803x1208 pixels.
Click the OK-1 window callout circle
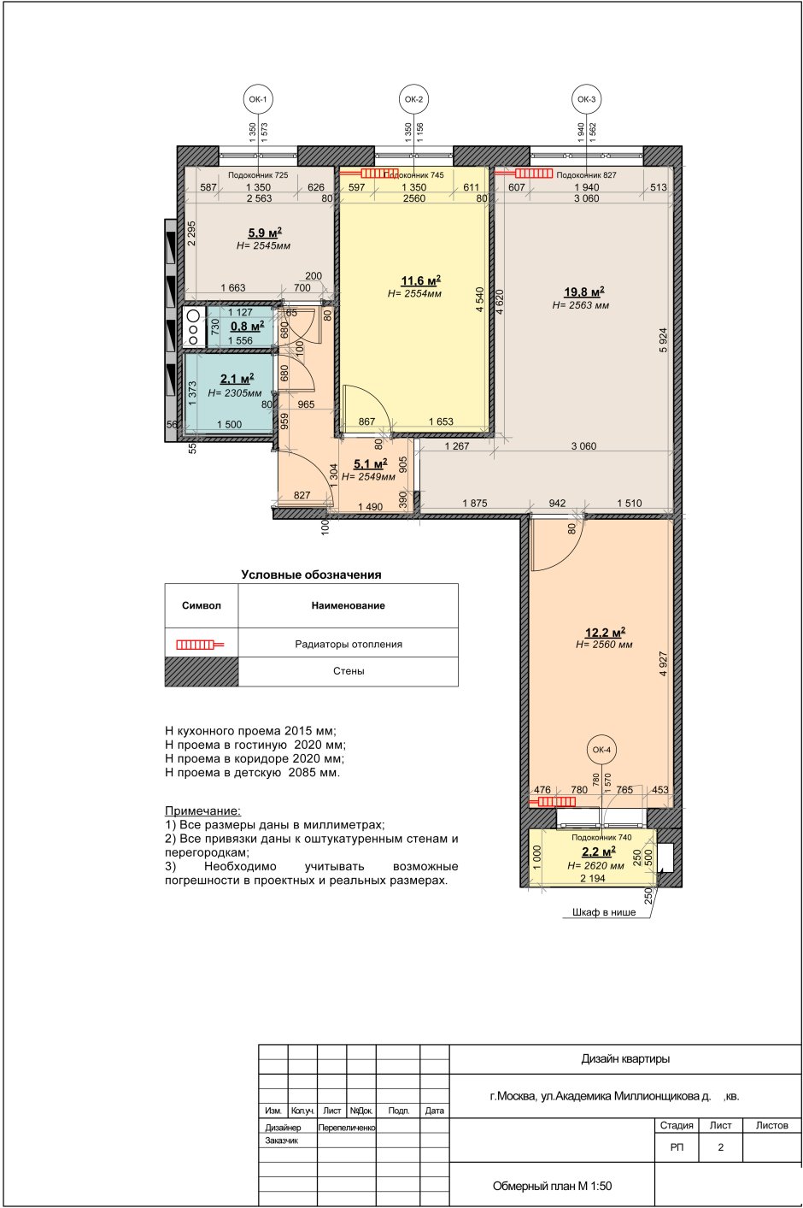point(258,99)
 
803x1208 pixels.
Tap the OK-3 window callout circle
point(586,99)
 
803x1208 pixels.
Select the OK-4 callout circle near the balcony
point(601,750)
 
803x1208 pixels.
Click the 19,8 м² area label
point(583,292)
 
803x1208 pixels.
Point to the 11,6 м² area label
point(420,280)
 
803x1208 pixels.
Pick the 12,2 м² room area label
point(605,632)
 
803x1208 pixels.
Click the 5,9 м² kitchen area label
point(265,233)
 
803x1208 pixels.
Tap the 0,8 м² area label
point(248,327)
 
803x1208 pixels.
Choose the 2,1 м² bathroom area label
point(237,379)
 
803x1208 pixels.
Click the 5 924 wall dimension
point(664,340)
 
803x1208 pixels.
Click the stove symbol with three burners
point(194,326)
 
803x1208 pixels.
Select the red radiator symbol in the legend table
point(200,645)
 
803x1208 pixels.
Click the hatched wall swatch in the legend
point(202,671)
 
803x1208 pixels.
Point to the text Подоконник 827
point(586,174)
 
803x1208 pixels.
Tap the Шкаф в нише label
point(604,912)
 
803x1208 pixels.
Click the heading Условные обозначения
point(311,575)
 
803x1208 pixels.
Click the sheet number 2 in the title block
point(720,1147)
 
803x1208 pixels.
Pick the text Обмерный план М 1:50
point(553,1186)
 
